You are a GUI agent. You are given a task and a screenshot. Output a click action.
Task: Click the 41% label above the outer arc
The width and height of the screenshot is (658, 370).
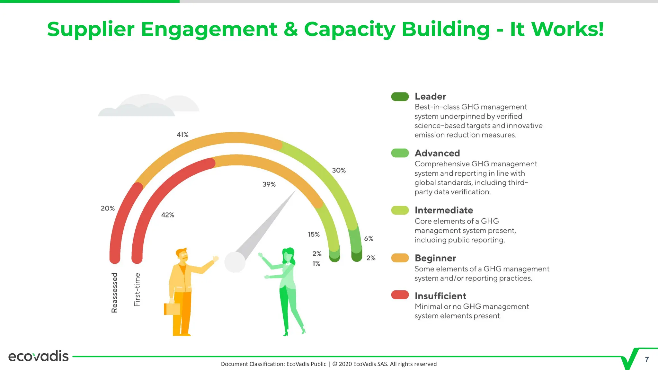pos(182,135)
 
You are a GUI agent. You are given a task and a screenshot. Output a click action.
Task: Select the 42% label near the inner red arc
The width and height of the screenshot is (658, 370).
pos(167,215)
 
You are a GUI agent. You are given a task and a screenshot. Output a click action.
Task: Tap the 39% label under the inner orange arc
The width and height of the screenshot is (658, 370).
pos(269,184)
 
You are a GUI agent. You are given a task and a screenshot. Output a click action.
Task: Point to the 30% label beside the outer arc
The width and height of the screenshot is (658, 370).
pos(339,171)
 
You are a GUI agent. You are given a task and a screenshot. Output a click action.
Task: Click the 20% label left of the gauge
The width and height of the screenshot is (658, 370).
pos(108,208)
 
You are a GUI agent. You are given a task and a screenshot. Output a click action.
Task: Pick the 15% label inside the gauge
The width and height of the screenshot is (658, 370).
pos(314,234)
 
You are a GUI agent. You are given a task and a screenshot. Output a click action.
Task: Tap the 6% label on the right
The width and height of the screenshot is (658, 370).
pos(369,239)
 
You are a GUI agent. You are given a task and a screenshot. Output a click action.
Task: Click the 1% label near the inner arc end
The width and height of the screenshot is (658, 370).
pos(316,264)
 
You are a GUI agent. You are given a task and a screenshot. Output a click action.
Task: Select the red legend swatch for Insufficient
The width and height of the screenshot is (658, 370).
pos(400,295)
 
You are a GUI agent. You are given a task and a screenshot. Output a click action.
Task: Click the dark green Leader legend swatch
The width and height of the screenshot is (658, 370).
pos(400,97)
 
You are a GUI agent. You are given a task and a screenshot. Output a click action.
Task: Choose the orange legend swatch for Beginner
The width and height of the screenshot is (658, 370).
pos(400,258)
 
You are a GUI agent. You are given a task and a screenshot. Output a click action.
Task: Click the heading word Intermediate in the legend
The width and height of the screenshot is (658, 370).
pos(444,210)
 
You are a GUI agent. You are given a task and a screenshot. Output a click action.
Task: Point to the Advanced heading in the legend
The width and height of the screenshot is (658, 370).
pos(437,153)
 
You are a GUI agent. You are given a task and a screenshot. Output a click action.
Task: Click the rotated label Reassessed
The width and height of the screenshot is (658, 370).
pos(114,293)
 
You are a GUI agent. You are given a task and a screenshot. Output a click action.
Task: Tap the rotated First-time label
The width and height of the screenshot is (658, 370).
pos(137,289)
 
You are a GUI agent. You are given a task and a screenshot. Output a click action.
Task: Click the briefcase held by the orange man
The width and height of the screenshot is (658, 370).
pos(172,309)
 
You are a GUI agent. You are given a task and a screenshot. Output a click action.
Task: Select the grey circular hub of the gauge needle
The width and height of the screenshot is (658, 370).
pos(235,262)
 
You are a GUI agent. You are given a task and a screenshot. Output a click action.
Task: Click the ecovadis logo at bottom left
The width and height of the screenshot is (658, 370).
pos(38,356)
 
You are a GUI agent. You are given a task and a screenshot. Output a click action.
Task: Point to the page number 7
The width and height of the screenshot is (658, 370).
pos(647,360)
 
